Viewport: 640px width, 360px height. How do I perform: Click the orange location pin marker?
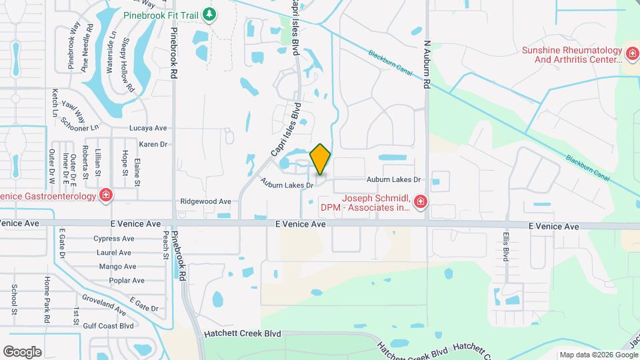pyautogui.click(x=321, y=159)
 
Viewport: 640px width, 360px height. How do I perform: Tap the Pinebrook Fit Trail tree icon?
pyautogui.click(x=209, y=14)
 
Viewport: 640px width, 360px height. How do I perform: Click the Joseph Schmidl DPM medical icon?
pyautogui.click(x=419, y=201)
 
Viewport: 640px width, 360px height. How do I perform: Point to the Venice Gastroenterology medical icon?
pyautogui.click(x=105, y=195)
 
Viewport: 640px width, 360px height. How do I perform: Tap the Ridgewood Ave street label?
pyautogui.click(x=205, y=201)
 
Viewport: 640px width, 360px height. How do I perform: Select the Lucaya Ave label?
pyautogui.click(x=148, y=128)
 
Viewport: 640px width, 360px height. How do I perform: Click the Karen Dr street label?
pyautogui.click(x=153, y=144)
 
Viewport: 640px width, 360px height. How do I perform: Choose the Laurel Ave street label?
pyautogui.click(x=113, y=253)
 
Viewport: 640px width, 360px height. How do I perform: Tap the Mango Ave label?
pyautogui.click(x=117, y=267)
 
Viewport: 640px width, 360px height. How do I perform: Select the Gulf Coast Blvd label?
pyautogui.click(x=109, y=326)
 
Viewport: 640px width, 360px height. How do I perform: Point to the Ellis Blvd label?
pyautogui.click(x=506, y=247)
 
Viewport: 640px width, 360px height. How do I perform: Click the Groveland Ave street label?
pyautogui.click(x=104, y=304)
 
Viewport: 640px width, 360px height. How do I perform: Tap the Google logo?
pyautogui.click(x=22, y=351)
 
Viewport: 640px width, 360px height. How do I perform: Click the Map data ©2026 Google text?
pyautogui.click(x=597, y=355)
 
